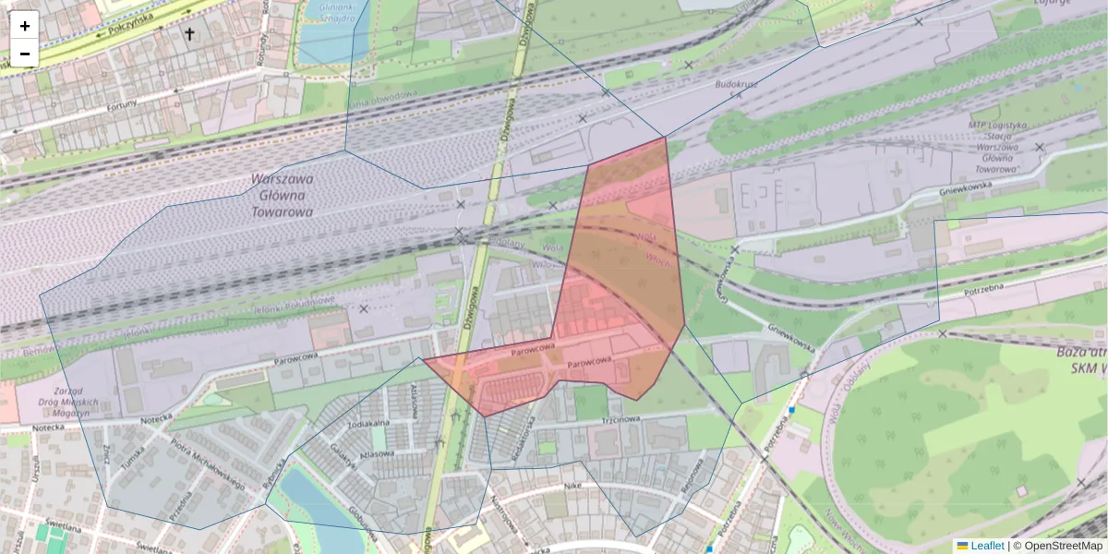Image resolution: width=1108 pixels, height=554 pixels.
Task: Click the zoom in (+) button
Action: pos(25,26)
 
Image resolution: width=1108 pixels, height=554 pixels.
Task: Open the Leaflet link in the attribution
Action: pos(980,546)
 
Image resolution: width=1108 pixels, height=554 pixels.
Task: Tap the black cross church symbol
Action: pos(190,35)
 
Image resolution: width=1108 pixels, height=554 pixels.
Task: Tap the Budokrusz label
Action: pos(734,84)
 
